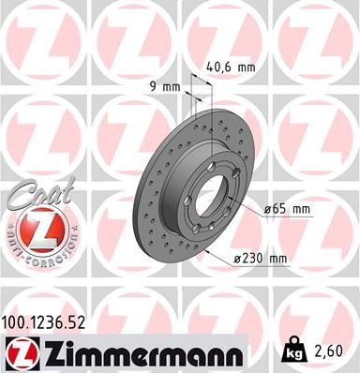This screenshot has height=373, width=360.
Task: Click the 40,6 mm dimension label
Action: coord(230,67)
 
